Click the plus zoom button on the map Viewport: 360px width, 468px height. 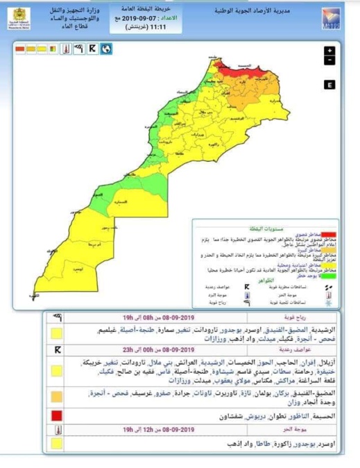click(x=329, y=51)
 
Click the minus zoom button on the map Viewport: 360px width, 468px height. click(x=329, y=60)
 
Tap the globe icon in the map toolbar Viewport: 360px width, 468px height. click(x=106, y=49)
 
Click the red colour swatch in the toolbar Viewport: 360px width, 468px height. click(x=19, y=49)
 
